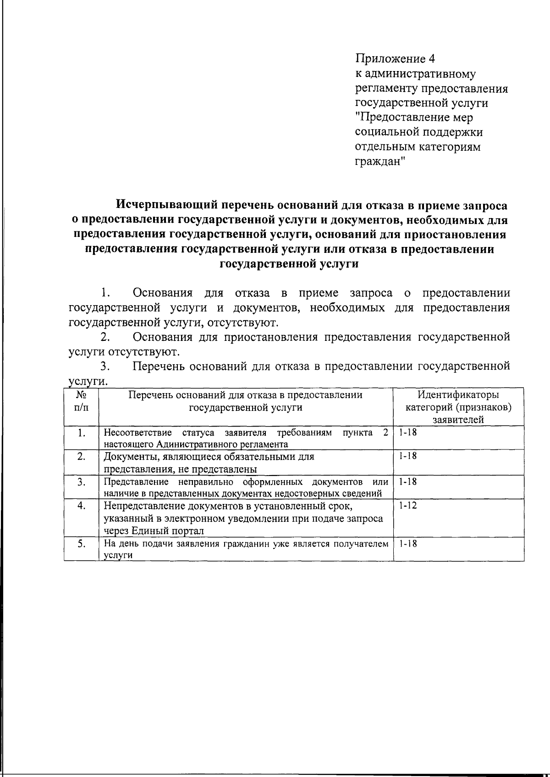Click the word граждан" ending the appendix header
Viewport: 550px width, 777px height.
(380, 162)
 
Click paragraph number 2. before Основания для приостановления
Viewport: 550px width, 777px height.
(105, 337)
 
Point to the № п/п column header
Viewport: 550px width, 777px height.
(81, 400)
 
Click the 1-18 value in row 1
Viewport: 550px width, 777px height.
(407, 432)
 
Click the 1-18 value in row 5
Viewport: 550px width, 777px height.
(407, 544)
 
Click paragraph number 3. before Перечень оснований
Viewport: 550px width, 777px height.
(105, 367)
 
